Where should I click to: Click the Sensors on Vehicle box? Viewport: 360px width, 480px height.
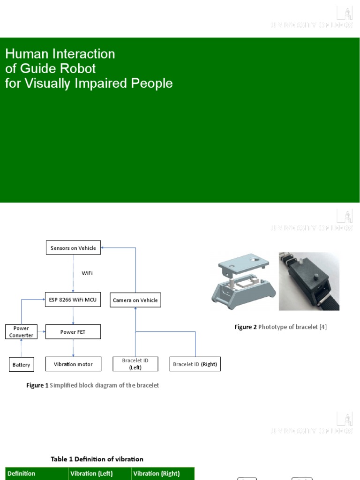tap(73, 248)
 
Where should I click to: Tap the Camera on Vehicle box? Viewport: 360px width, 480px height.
tap(135, 300)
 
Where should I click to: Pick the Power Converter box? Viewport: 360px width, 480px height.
tap(21, 332)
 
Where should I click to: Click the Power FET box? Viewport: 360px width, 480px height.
tap(73, 332)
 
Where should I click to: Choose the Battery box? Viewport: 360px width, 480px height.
tap(22, 364)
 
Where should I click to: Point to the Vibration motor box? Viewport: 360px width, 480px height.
tap(73, 364)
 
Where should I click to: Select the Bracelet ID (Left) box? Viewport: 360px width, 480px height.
tap(135, 364)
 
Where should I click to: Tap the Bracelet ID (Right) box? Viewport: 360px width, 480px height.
tap(195, 364)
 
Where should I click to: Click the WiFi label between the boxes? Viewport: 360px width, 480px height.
tap(87, 273)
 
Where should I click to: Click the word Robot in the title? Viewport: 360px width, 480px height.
tap(81, 68)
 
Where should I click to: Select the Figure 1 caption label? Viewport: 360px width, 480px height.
tap(37, 385)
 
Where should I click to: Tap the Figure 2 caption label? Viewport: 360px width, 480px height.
tap(246, 327)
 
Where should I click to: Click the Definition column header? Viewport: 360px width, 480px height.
tap(22, 473)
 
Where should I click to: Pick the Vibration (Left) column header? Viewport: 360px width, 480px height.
tap(91, 473)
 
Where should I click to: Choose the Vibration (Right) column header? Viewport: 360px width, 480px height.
tap(157, 473)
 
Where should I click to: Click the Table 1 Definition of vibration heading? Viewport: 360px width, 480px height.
tap(97, 459)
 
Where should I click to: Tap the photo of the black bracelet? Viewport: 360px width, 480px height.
tap(309, 281)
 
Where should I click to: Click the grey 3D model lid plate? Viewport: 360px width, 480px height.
tap(243, 262)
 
